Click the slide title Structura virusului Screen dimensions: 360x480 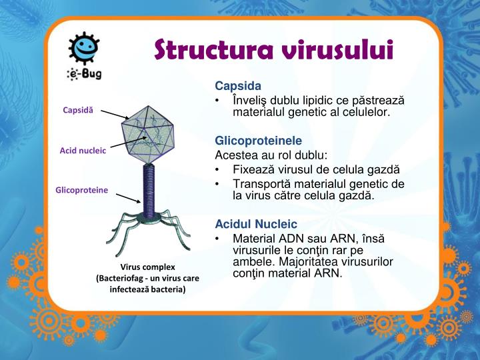pyautogui.click(x=274, y=49)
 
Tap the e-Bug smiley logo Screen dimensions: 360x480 pyautogui.click(x=85, y=51)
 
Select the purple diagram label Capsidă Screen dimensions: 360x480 pyautogui.click(x=79, y=109)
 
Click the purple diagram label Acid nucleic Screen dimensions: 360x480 pyautogui.click(x=83, y=151)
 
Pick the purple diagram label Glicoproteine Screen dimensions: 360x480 pyautogui.click(x=81, y=190)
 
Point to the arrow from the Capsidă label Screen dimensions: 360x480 pyautogui.click(x=117, y=115)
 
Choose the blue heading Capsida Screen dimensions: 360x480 pyautogui.click(x=238, y=87)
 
